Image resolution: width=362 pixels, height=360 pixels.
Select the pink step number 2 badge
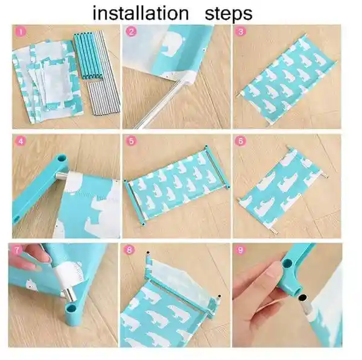click(131, 32)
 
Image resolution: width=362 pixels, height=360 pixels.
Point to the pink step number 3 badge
click(241, 32)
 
